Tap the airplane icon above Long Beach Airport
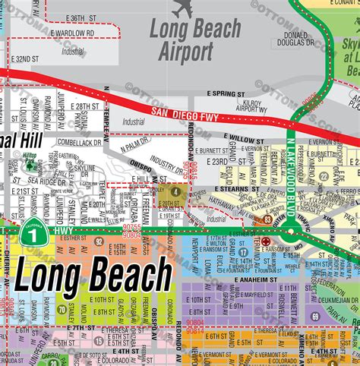click(183, 9)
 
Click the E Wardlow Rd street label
click(74, 33)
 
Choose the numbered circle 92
click(99, 241)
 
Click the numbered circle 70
click(60, 310)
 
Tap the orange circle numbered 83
click(267, 220)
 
